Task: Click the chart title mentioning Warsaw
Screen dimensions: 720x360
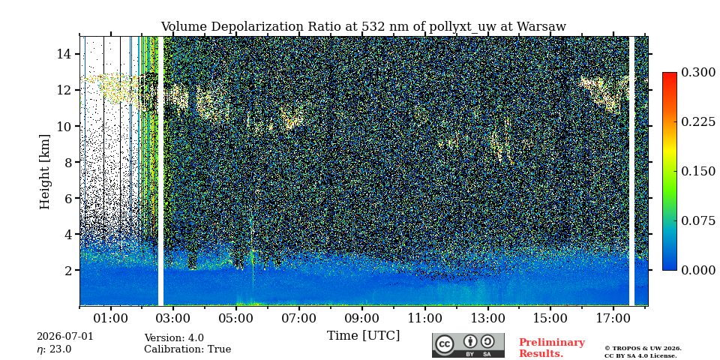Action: (363, 27)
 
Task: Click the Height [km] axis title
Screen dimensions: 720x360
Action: (44, 172)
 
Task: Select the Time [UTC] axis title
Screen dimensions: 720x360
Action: (363, 336)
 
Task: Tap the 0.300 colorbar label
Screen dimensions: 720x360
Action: (698, 73)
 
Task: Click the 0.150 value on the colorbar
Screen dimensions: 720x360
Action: (698, 171)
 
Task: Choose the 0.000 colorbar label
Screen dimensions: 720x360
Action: (698, 270)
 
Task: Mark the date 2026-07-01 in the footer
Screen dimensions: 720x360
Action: (64, 337)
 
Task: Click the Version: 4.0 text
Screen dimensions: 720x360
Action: (174, 338)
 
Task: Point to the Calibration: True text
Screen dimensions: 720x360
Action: (187, 349)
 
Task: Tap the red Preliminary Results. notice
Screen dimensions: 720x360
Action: (552, 348)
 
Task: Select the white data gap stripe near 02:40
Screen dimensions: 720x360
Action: (160, 171)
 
